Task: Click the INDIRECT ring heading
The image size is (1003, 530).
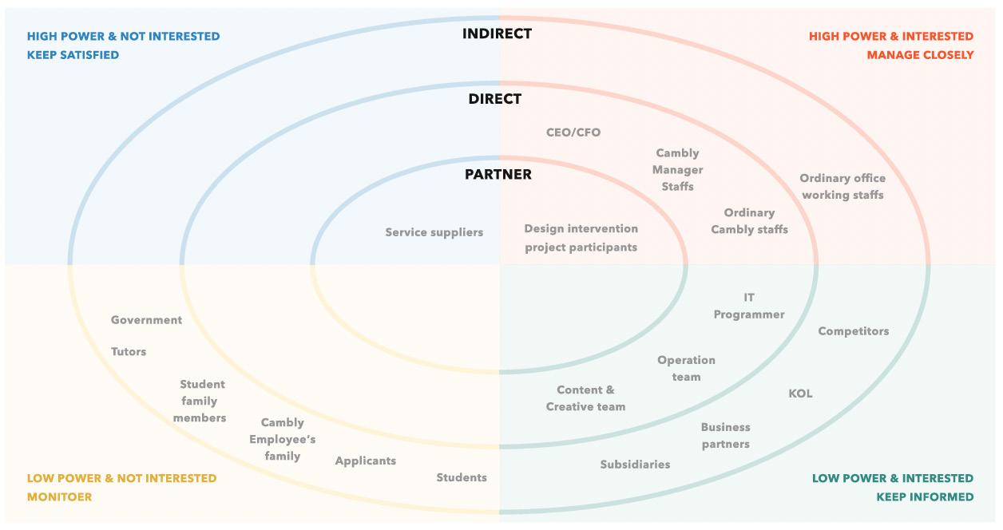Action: pyautogui.click(x=497, y=34)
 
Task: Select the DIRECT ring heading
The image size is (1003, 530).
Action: pyautogui.click(x=495, y=99)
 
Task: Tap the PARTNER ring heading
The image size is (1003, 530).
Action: pyautogui.click(x=498, y=174)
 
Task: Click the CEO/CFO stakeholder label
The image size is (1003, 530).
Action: pyautogui.click(x=573, y=132)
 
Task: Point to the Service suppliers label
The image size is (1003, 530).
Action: pyautogui.click(x=434, y=232)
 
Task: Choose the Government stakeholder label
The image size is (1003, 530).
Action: pyautogui.click(x=146, y=320)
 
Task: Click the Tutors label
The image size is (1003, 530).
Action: pyautogui.click(x=129, y=352)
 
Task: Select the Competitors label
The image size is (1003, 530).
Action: pyautogui.click(x=853, y=331)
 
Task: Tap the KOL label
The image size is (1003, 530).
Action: pyautogui.click(x=800, y=394)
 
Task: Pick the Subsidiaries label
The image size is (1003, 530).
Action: pyautogui.click(x=635, y=465)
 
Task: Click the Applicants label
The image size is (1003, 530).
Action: pyautogui.click(x=366, y=461)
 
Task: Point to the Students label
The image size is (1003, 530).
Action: pyautogui.click(x=462, y=477)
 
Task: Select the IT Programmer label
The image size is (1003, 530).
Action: pyautogui.click(x=749, y=307)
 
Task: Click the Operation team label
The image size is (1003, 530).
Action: pyautogui.click(x=686, y=369)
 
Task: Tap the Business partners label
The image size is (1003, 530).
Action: pyautogui.click(x=726, y=436)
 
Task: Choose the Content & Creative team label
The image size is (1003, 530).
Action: pyautogui.click(x=585, y=398)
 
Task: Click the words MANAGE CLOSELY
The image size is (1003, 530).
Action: pyautogui.click(x=920, y=55)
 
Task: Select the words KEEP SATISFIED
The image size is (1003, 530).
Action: pyautogui.click(x=73, y=55)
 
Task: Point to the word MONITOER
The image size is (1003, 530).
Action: pyautogui.click(x=60, y=496)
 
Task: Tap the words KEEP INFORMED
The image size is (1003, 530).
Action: pyautogui.click(x=925, y=496)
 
